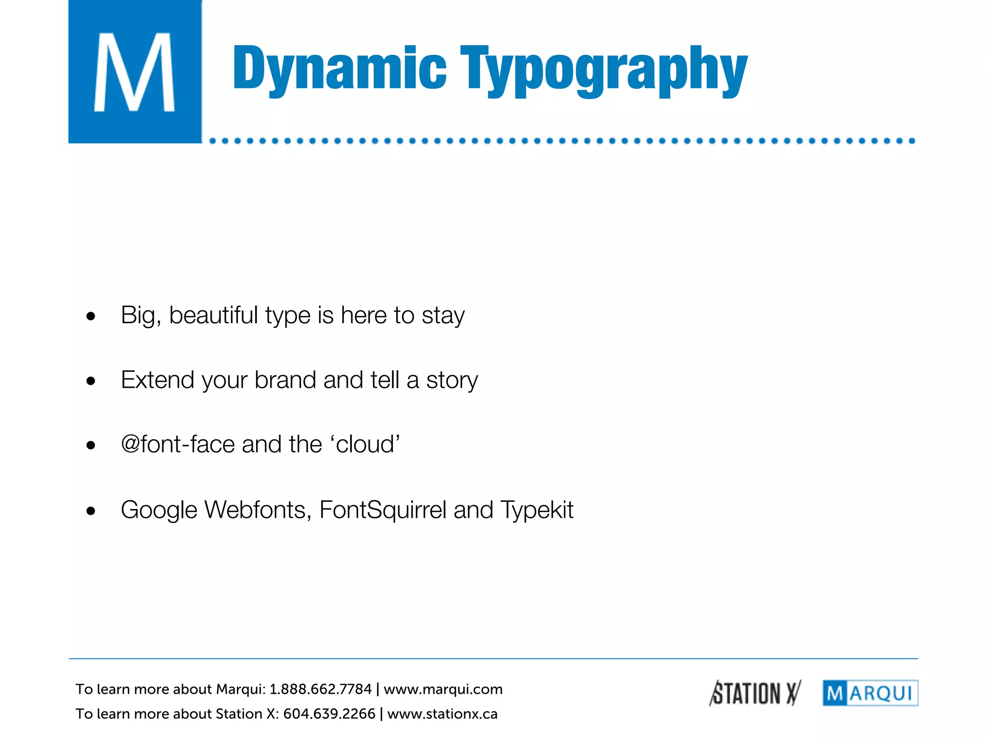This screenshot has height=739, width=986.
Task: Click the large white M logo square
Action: click(x=135, y=71)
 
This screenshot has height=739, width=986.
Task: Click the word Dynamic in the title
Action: click(x=340, y=68)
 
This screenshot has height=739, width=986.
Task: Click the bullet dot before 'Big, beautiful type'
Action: click(x=91, y=317)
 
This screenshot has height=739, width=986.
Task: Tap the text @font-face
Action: click(x=178, y=444)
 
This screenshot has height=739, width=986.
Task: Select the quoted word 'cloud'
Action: click(x=365, y=444)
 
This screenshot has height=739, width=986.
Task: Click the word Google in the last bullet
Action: click(x=158, y=510)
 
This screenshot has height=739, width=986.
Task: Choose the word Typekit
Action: click(x=537, y=510)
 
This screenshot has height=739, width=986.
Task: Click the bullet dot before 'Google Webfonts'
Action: click(x=91, y=511)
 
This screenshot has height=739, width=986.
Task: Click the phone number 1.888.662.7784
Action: click(x=320, y=689)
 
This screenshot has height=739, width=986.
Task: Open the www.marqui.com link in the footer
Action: click(x=443, y=689)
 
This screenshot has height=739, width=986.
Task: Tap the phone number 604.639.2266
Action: click(x=329, y=714)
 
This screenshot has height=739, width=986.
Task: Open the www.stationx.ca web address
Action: click(x=442, y=714)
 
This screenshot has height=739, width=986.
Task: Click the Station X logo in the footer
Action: click(x=755, y=693)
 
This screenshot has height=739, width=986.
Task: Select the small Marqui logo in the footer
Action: click(x=870, y=693)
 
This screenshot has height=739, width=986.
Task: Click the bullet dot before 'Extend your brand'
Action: click(x=91, y=382)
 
